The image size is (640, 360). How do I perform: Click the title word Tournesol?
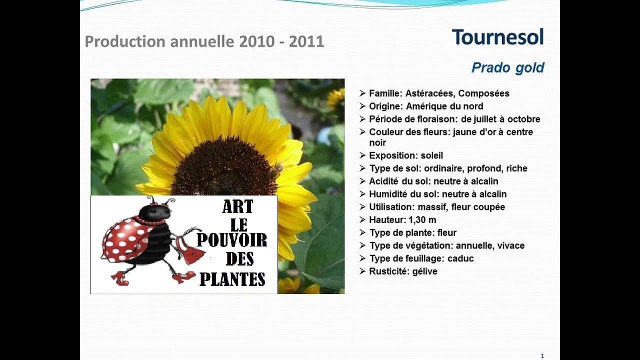pos(497,37)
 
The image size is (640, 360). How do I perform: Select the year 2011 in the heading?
pos(306,41)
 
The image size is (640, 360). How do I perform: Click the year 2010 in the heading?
pos(256,41)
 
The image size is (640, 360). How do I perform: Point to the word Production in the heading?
pos(125,41)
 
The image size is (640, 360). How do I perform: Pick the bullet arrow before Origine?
pos(362,106)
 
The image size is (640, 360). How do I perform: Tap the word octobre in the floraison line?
pos(523,119)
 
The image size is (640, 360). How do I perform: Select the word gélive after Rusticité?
pos(424,271)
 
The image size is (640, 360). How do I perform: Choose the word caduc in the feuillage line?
pos(460,258)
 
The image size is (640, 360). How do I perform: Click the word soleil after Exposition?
pos(431,155)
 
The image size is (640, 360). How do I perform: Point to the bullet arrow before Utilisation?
pos(362,207)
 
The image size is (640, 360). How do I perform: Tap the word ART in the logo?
pos(237,206)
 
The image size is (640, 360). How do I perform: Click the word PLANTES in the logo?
pos(232,279)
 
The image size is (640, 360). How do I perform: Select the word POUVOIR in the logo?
pos(231,240)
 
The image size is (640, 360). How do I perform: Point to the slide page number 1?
pos(542,355)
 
